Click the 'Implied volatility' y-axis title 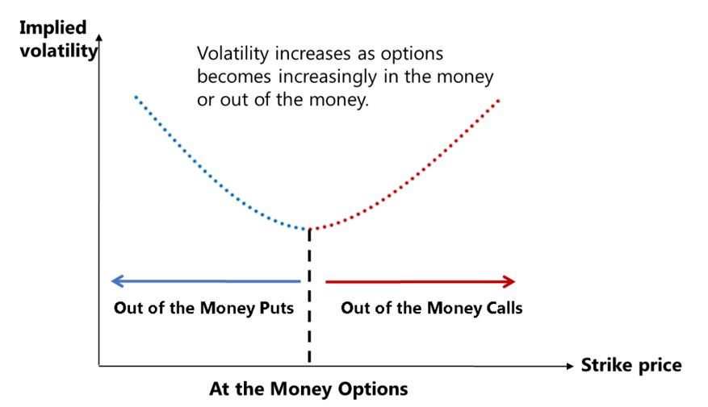(x=58, y=39)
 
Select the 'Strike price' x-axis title (x=631, y=365)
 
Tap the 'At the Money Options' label (x=309, y=388)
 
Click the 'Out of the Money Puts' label (x=203, y=308)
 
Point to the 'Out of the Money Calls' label (x=432, y=308)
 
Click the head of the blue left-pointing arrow (x=116, y=281)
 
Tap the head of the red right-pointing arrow (x=509, y=282)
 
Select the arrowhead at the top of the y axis (x=99, y=37)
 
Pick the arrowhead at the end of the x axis (x=570, y=366)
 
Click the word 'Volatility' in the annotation (x=233, y=54)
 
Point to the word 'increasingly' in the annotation (x=328, y=77)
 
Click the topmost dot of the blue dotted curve (x=136, y=97)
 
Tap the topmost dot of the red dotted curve (x=498, y=100)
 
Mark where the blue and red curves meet (x=309, y=230)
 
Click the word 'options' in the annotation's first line (x=412, y=55)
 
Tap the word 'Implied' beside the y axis (x=52, y=28)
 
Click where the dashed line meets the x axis (x=309, y=366)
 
